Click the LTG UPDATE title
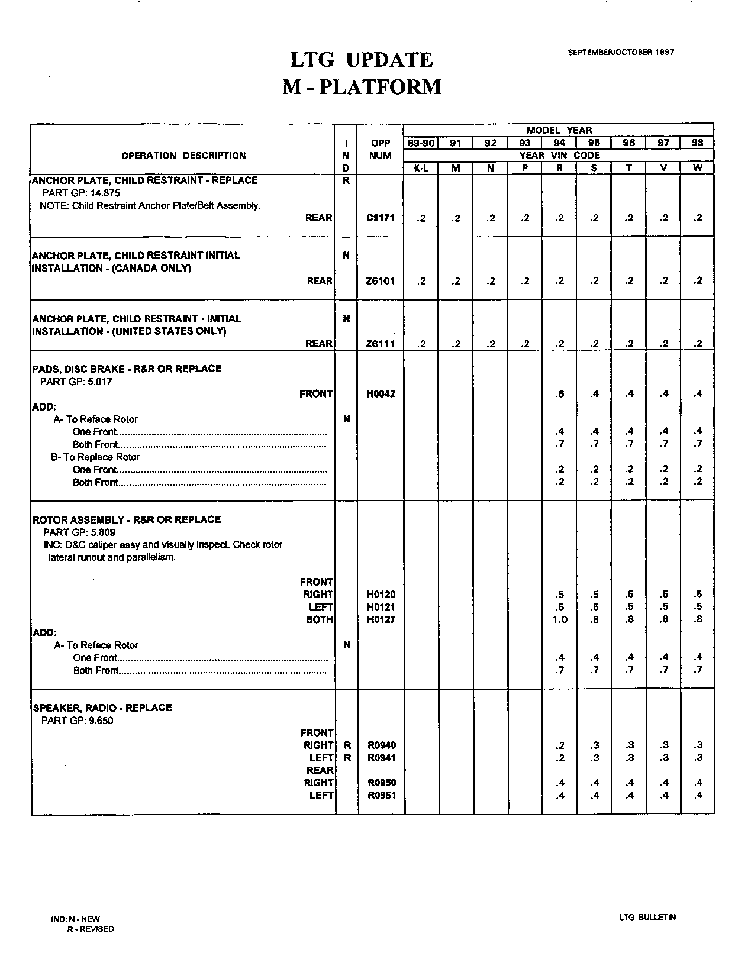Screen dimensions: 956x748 (x=361, y=60)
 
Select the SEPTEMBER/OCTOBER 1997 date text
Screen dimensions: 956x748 (x=621, y=52)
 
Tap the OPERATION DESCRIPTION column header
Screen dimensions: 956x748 (x=183, y=156)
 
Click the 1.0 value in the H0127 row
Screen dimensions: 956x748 (x=560, y=620)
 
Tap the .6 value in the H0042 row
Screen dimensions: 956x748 (x=560, y=394)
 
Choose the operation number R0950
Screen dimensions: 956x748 (x=382, y=783)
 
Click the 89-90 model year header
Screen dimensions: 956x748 (x=421, y=143)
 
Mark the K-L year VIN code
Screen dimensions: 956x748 (x=421, y=168)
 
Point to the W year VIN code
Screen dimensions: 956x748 (x=698, y=168)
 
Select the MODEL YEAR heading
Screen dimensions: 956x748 (x=559, y=130)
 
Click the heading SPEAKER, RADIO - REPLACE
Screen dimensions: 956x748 (x=102, y=708)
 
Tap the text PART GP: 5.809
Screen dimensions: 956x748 (x=79, y=532)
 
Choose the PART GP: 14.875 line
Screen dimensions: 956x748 (x=82, y=193)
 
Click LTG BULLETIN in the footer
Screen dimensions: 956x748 (x=647, y=918)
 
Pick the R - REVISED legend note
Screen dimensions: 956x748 (x=91, y=929)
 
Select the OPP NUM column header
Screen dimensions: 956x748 (x=381, y=150)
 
